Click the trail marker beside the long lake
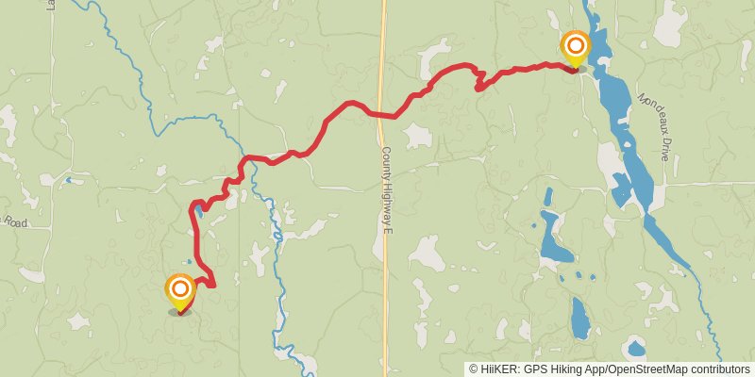point(575,47)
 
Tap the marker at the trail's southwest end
point(179,290)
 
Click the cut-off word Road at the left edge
point(13,222)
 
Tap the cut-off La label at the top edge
point(49,5)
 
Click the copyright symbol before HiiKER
point(475,369)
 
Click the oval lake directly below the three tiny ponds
point(579,318)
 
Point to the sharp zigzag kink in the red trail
point(478,80)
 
